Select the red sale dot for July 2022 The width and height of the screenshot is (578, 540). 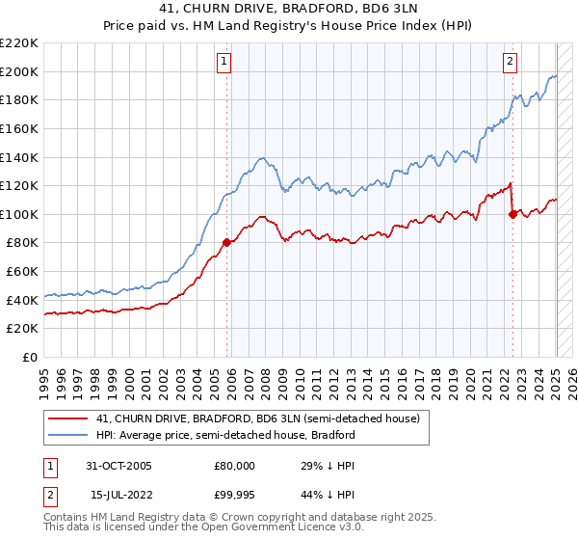tap(512, 214)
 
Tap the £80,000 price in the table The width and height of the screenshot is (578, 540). tap(232, 466)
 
